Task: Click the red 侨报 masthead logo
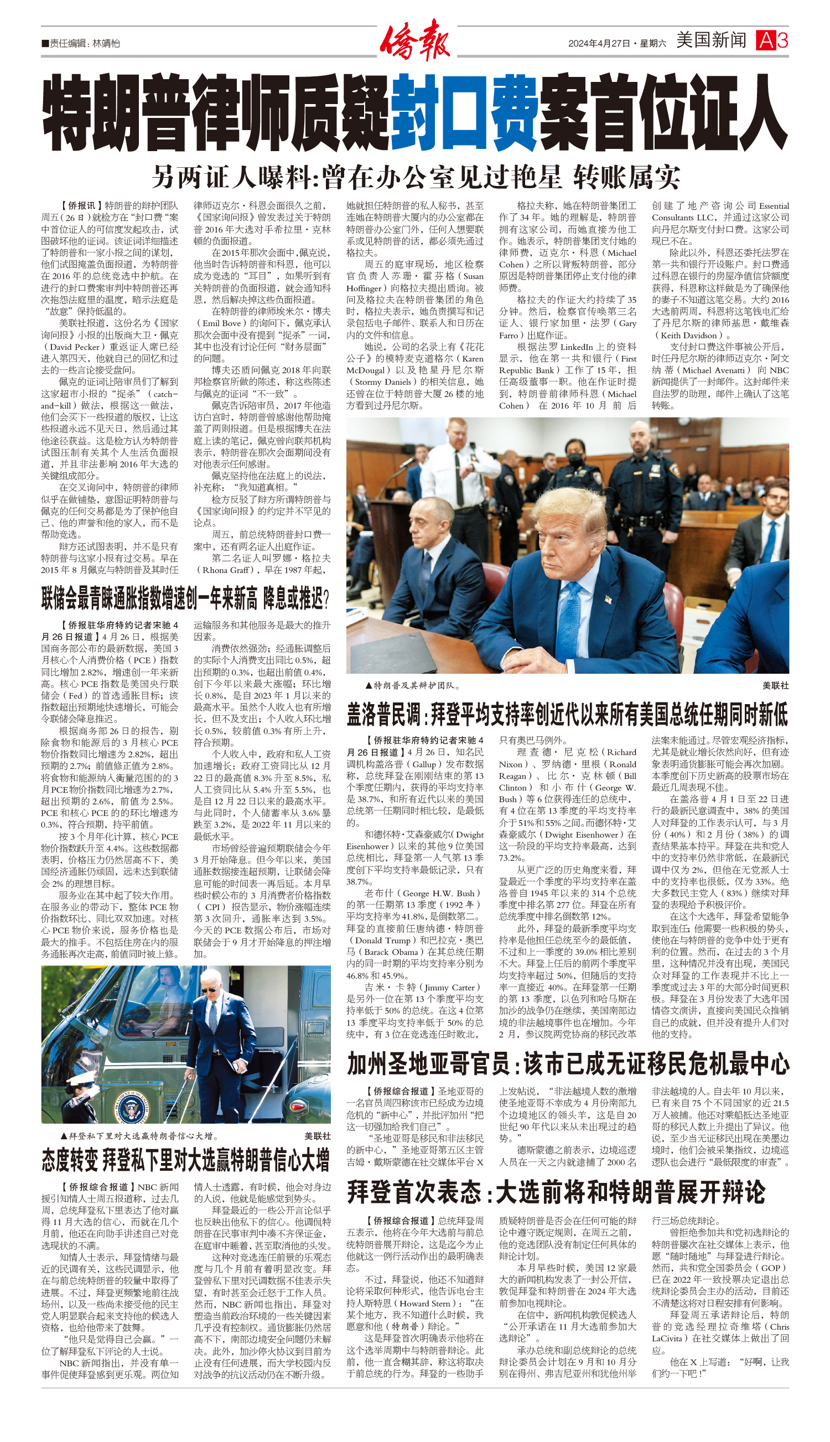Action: tap(414, 40)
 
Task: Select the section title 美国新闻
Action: tap(711, 40)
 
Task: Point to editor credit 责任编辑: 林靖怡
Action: tap(81, 43)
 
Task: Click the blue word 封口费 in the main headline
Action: tap(465, 113)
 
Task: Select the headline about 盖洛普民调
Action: tap(567, 714)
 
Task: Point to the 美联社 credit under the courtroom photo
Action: tap(775, 685)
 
